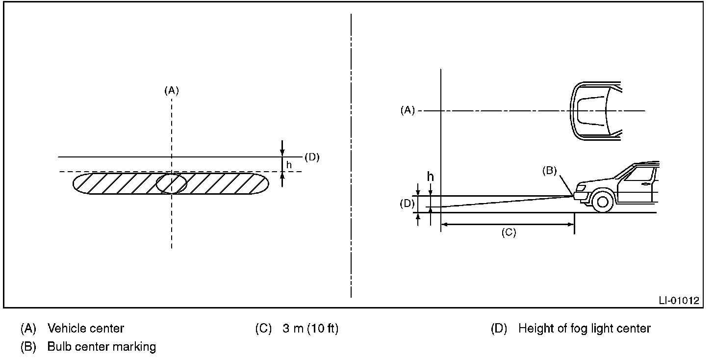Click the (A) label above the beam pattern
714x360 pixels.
point(172,91)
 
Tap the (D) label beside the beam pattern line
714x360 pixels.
point(312,157)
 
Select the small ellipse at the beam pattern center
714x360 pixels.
point(172,183)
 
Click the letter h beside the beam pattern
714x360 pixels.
point(289,164)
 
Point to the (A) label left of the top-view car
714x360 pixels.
point(408,110)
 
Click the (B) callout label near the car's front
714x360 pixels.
point(550,171)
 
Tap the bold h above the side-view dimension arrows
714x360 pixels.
point(431,177)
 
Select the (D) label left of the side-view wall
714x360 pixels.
point(407,204)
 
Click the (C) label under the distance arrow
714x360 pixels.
point(509,232)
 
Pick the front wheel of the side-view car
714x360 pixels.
point(602,202)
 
